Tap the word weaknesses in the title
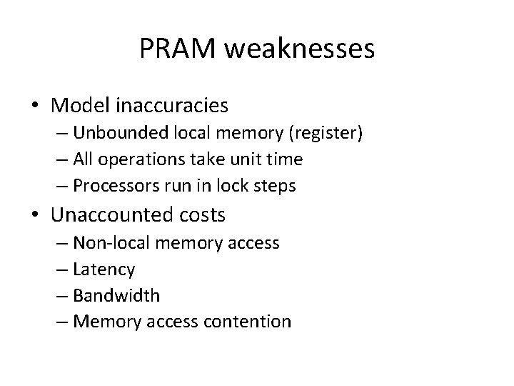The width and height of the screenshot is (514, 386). (x=299, y=49)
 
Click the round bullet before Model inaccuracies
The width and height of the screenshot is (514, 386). (x=34, y=107)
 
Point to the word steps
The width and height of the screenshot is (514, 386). (x=275, y=186)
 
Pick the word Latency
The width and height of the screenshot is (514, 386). (x=104, y=269)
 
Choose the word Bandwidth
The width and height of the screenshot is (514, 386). (x=116, y=295)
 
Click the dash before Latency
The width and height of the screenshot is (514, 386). (x=63, y=269)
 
